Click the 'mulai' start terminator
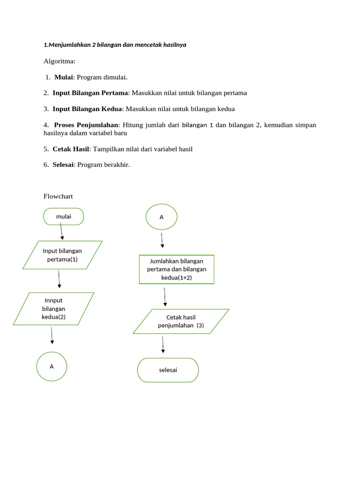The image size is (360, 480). point(63,217)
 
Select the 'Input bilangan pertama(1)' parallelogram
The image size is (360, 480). point(62,255)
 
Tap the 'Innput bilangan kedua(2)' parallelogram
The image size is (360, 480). point(53,308)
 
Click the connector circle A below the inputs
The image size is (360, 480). point(52,366)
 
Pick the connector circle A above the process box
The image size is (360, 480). point(161,217)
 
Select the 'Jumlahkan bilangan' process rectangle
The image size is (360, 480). point(176,270)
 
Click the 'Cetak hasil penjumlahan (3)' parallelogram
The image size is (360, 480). point(181,321)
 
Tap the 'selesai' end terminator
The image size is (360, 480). point(168,370)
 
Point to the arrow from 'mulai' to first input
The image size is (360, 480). point(61,231)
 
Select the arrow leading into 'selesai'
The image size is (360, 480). point(163,345)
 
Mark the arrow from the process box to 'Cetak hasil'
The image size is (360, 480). point(165,297)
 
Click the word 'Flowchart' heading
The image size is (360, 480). point(58,196)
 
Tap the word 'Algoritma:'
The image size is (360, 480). point(59,61)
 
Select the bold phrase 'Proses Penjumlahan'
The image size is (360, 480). point(87,125)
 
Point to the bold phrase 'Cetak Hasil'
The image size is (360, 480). point(70,149)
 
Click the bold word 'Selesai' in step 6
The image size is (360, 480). point(63,165)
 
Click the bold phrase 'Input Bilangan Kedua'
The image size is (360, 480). point(87,109)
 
